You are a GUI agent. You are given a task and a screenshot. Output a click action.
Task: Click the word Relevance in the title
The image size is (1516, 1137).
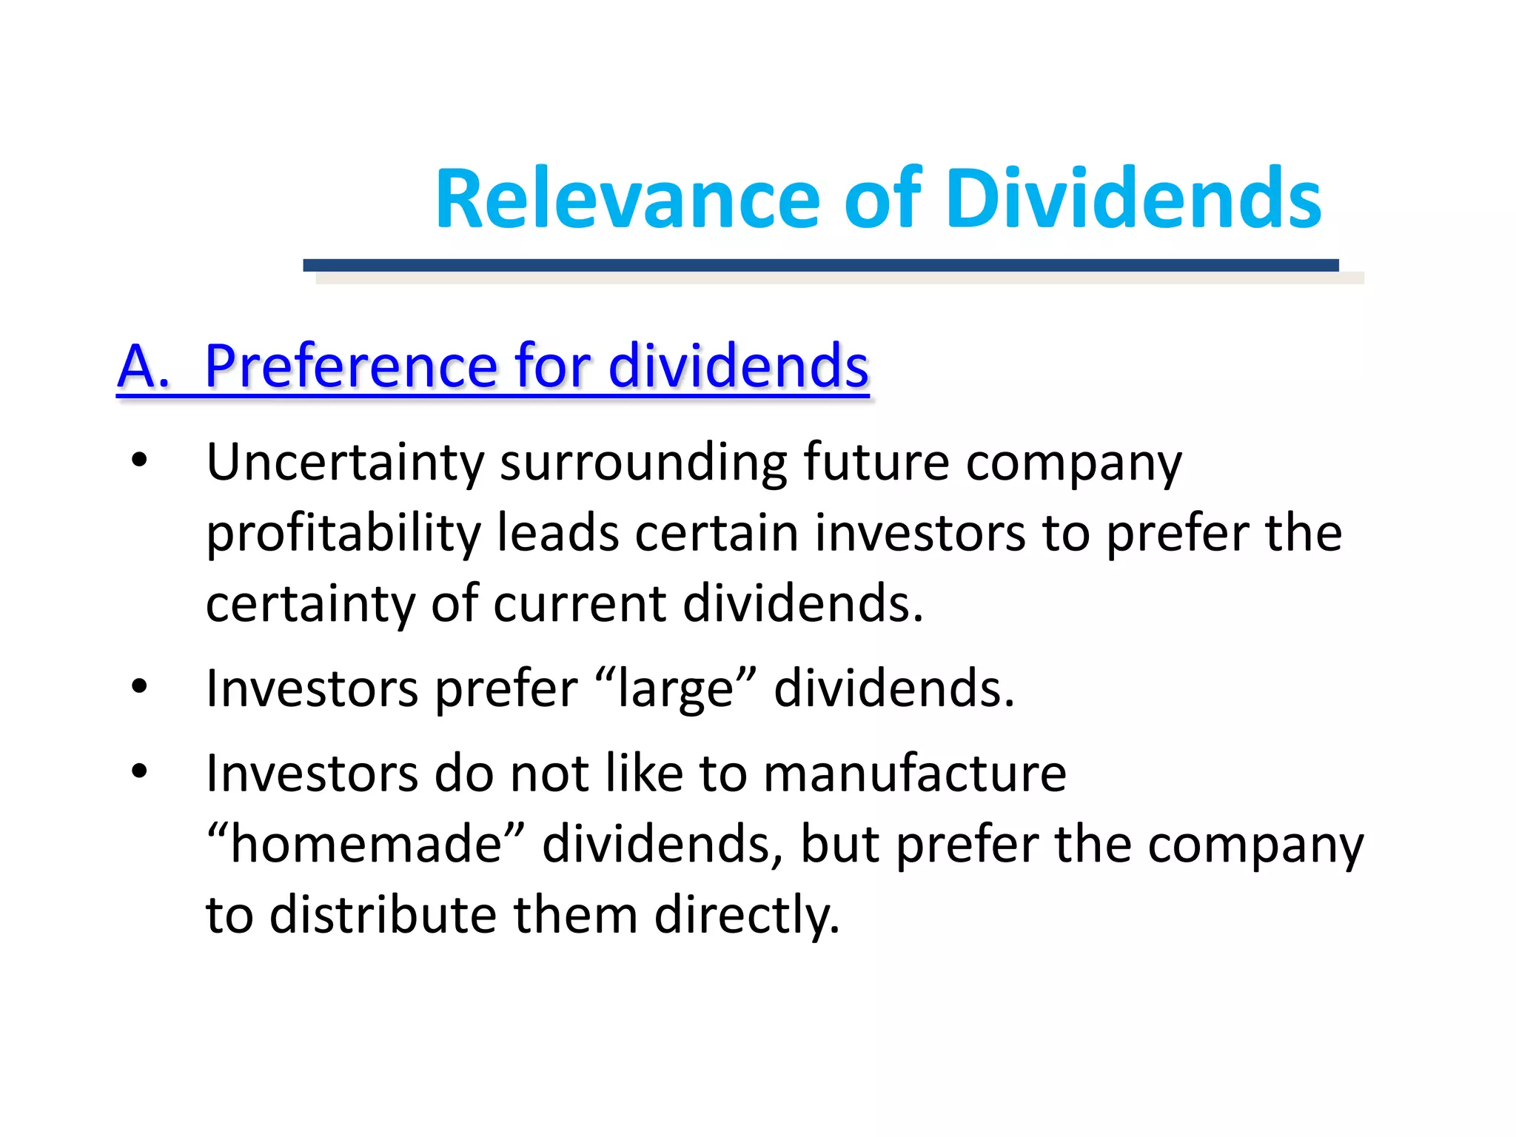(x=627, y=199)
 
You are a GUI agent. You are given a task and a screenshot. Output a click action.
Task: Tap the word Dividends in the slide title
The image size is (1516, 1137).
(x=1133, y=199)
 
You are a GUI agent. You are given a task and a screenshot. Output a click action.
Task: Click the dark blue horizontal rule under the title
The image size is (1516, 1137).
(x=820, y=265)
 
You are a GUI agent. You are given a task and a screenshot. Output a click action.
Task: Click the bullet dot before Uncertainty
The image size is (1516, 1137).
(x=139, y=461)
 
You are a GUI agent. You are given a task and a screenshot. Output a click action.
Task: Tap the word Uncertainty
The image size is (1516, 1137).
(x=345, y=463)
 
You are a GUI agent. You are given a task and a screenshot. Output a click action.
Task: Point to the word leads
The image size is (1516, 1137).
(x=557, y=533)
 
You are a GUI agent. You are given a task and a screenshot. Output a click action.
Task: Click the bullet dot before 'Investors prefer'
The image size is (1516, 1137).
(x=139, y=688)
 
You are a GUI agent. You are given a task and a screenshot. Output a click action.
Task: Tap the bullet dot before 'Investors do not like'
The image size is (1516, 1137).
(x=139, y=772)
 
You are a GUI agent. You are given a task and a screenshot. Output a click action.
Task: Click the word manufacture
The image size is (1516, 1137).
(x=915, y=774)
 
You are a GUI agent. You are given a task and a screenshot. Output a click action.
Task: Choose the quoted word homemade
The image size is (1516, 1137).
(x=366, y=844)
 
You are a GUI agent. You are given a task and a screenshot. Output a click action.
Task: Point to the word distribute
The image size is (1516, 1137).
(x=384, y=914)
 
